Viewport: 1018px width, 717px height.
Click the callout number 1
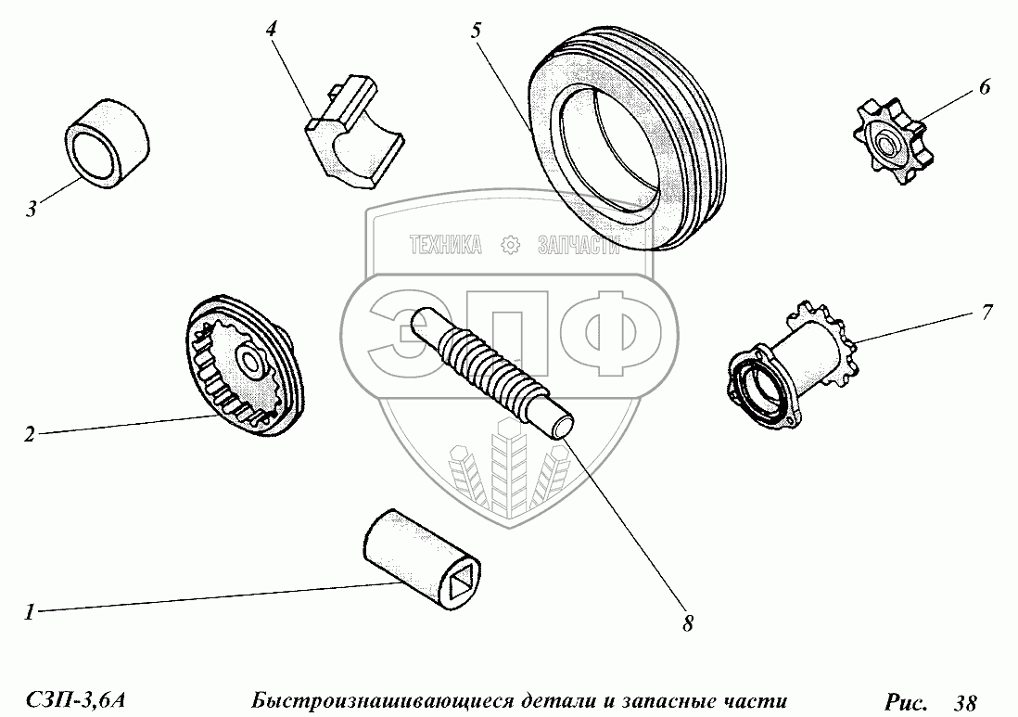(x=29, y=612)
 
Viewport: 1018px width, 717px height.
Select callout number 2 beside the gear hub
(x=30, y=434)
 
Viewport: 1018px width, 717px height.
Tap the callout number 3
(x=32, y=210)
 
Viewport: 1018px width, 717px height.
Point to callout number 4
(x=272, y=30)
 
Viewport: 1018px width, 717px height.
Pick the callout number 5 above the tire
(x=477, y=31)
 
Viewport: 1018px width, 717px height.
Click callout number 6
(x=985, y=87)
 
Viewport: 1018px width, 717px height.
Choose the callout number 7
(x=986, y=313)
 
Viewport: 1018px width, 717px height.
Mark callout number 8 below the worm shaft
(x=688, y=624)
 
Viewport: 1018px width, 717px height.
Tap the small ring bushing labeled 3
(x=108, y=144)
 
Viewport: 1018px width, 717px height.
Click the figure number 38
(x=965, y=702)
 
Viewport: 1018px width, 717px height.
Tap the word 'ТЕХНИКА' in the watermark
(x=445, y=245)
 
